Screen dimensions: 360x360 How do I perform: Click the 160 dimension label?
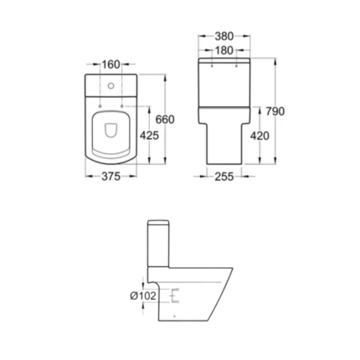(111, 64)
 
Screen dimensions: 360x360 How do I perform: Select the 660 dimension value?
(165, 120)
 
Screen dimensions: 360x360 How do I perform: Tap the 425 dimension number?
(149, 136)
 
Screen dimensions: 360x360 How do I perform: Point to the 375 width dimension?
(111, 177)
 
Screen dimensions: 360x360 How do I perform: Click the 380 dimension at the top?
(224, 36)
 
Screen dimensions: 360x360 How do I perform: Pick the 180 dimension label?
(224, 50)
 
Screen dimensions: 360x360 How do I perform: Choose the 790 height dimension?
(275, 111)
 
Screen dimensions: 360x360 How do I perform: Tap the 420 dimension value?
(260, 136)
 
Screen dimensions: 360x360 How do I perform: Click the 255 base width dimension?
(224, 177)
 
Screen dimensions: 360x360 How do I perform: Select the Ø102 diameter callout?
(143, 296)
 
